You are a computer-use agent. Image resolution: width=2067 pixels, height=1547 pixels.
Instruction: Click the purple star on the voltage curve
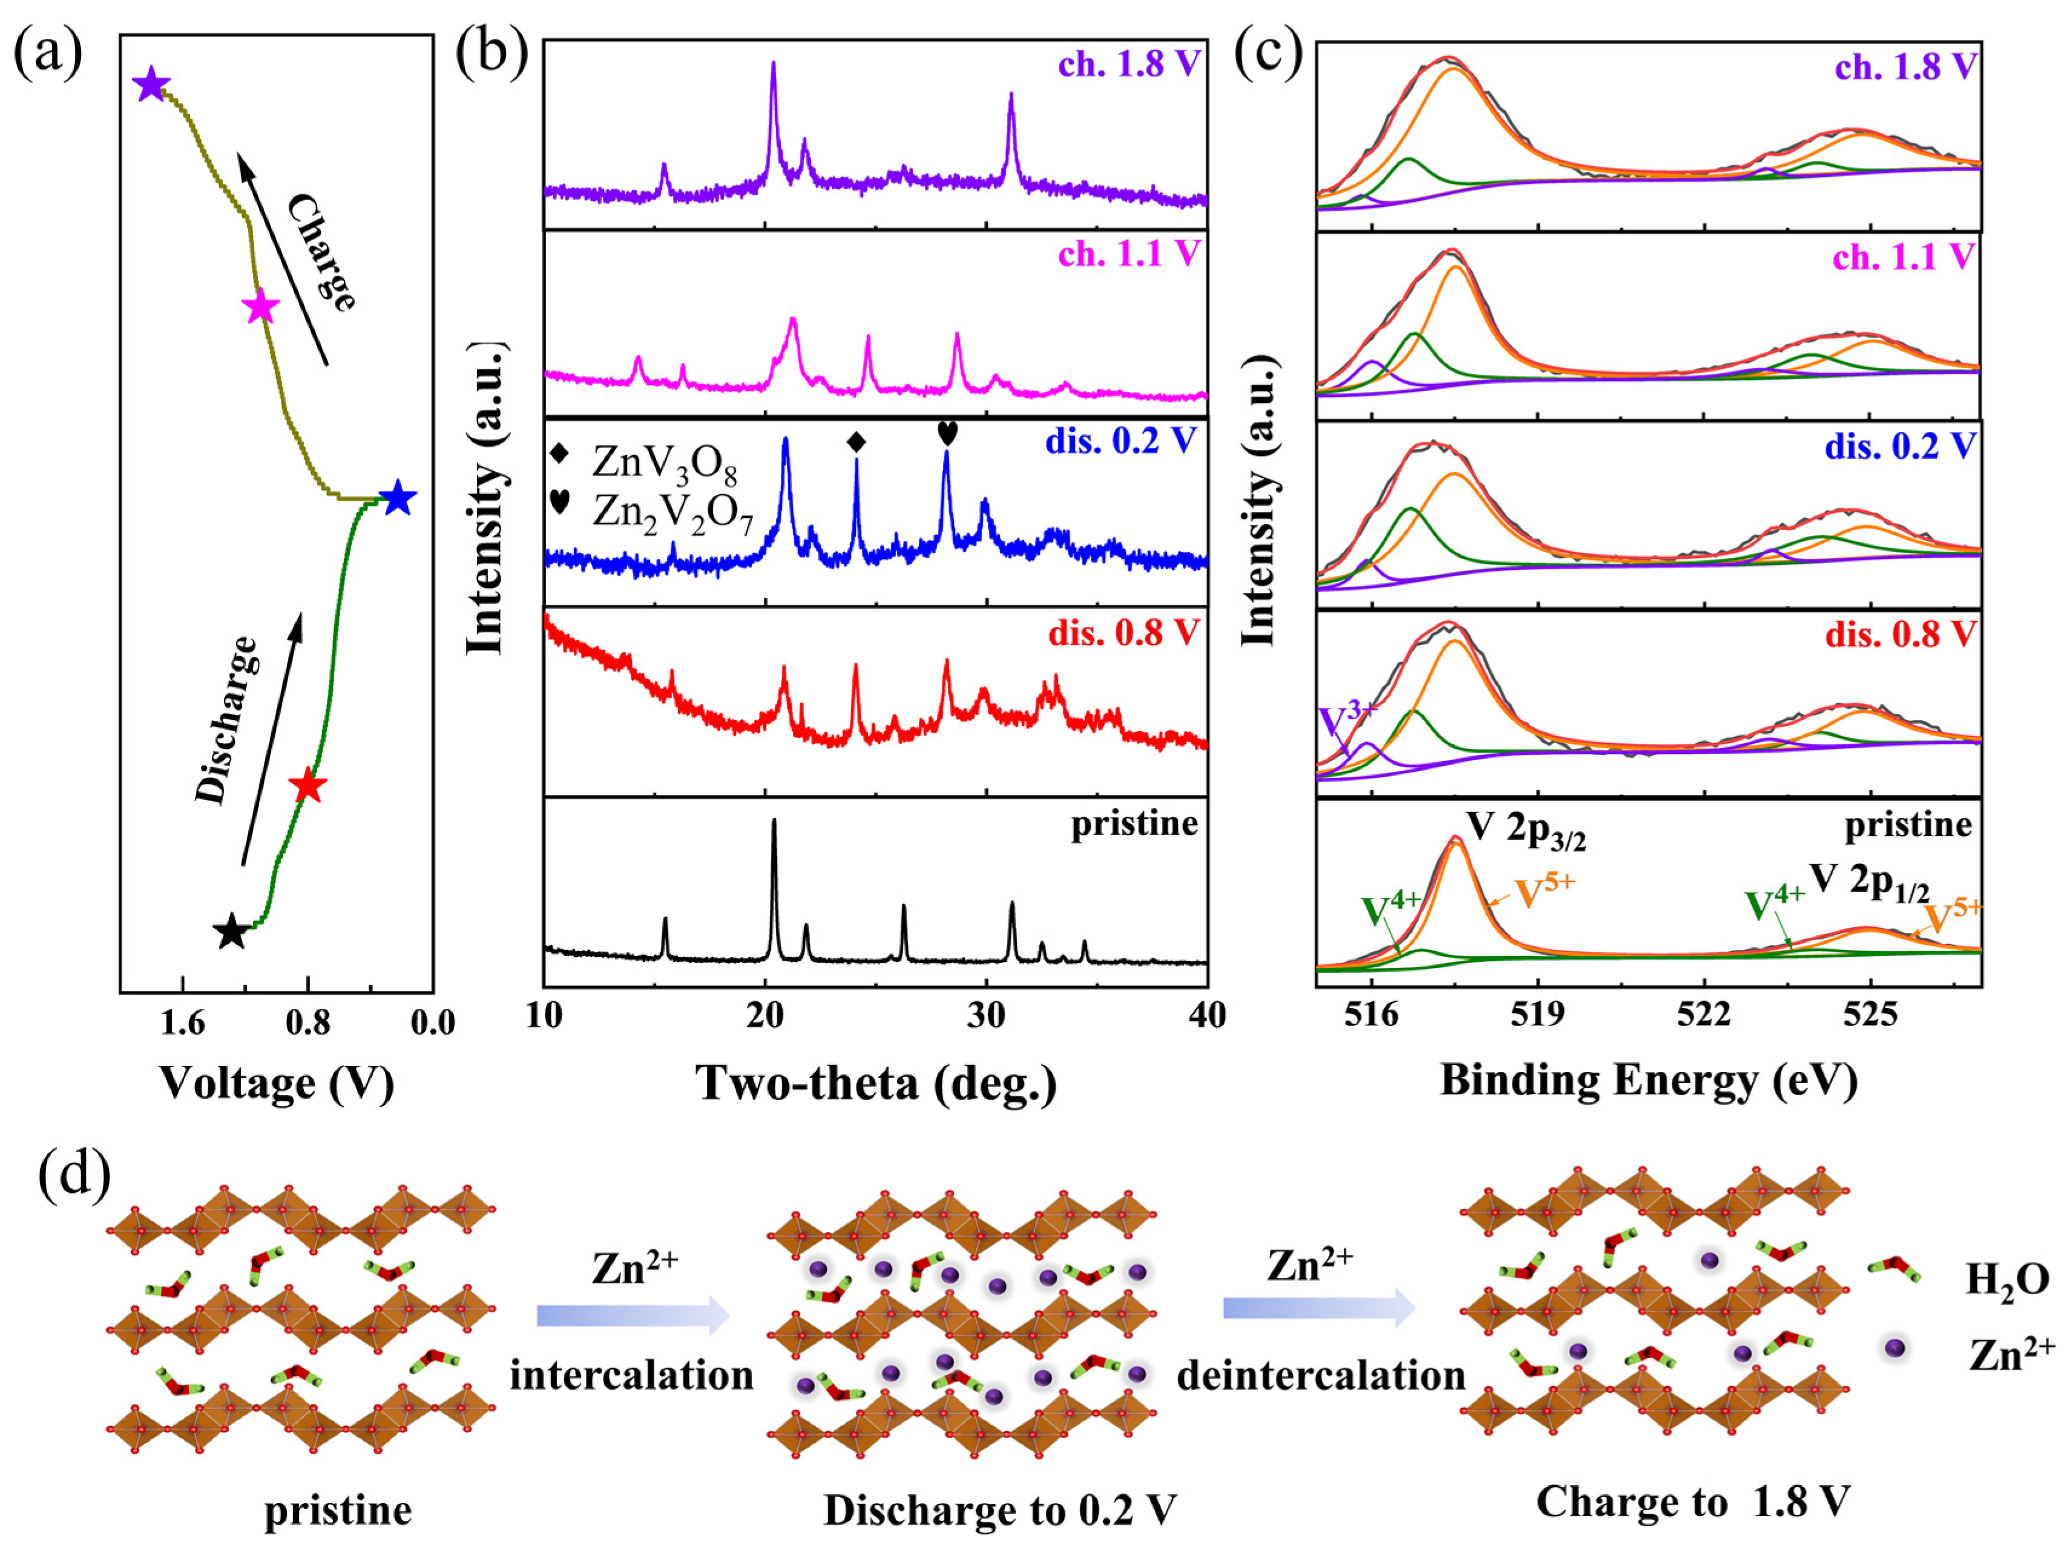(x=151, y=86)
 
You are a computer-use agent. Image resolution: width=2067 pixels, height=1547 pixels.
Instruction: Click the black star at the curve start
(x=231, y=931)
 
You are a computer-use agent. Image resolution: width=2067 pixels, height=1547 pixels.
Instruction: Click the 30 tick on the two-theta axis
(x=986, y=1015)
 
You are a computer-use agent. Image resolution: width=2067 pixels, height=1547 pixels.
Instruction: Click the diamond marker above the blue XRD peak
(x=856, y=442)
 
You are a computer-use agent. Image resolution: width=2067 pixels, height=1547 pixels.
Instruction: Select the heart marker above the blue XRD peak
(x=947, y=433)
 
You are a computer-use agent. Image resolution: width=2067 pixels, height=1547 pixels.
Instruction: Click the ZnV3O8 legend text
(x=663, y=463)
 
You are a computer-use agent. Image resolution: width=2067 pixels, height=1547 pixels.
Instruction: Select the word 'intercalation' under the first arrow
(x=632, y=1375)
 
